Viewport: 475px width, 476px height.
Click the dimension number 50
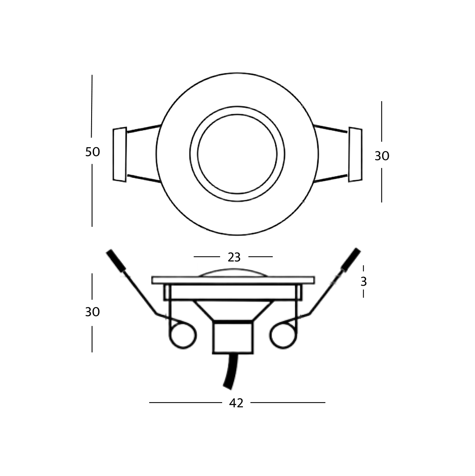coord(92,152)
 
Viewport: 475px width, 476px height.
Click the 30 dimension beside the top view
coord(382,156)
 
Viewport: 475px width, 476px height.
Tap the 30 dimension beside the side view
coord(92,312)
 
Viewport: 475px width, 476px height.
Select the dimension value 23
coord(234,257)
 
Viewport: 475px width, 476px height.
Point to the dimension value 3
coord(364,282)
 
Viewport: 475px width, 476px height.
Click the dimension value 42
coord(236,403)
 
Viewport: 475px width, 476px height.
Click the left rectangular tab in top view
coord(119,155)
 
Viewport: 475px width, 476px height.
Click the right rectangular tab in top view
coord(355,155)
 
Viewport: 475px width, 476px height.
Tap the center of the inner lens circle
coord(237,154)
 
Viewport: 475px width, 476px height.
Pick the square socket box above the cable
coord(233,337)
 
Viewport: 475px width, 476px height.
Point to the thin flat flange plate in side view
coord(233,280)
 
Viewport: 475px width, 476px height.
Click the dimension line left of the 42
coord(182,403)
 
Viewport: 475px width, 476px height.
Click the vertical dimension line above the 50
coord(92,108)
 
